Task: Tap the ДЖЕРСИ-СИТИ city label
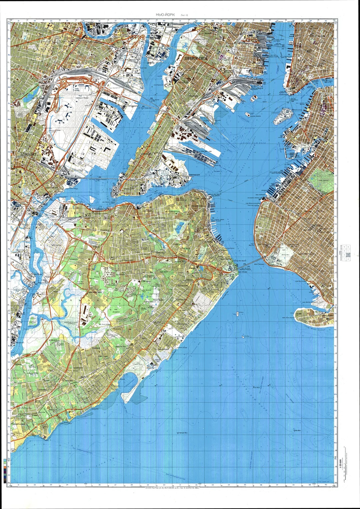pyautogui.click(x=196, y=58)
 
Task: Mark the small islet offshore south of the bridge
pyautogui.click(x=237, y=314)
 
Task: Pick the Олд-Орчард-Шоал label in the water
pyautogui.click(x=182, y=433)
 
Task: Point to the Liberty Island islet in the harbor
pyautogui.click(x=247, y=114)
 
